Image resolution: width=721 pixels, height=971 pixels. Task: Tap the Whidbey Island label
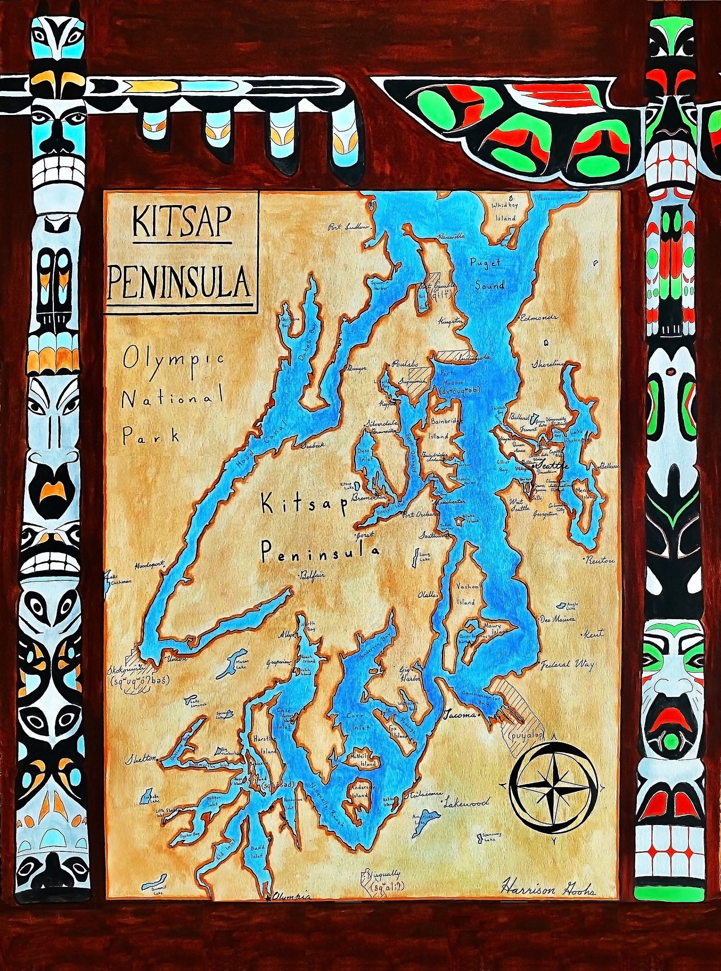[x=504, y=211]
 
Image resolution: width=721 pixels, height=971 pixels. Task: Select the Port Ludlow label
[x=349, y=227]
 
